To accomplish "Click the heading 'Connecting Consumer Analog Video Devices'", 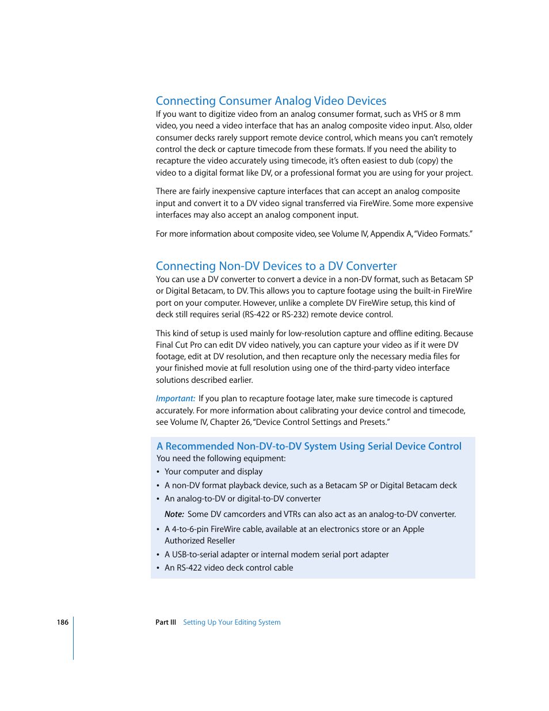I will pyautogui.click(x=271, y=101).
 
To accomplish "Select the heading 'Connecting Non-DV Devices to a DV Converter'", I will pyautogui.click(x=276, y=266).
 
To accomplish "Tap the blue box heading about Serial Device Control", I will pyautogui.click(x=309, y=446).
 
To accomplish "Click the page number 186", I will pyautogui.click(x=63, y=622).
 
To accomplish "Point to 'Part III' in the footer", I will pyautogui.click(x=166, y=622).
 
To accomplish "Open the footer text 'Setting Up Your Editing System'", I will pyautogui.click(x=232, y=622).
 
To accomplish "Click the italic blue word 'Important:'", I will pyautogui.click(x=176, y=398).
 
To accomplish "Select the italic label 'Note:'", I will pyautogui.click(x=174, y=514).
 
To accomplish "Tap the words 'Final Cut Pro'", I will pyautogui.click(x=179, y=345).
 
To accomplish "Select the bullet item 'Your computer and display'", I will pyautogui.click(x=213, y=472).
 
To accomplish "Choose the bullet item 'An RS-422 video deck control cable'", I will pyautogui.click(x=229, y=568).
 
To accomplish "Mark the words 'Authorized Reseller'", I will pyautogui.click(x=200, y=541).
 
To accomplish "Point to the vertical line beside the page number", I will pyautogui.click(x=74, y=638).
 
